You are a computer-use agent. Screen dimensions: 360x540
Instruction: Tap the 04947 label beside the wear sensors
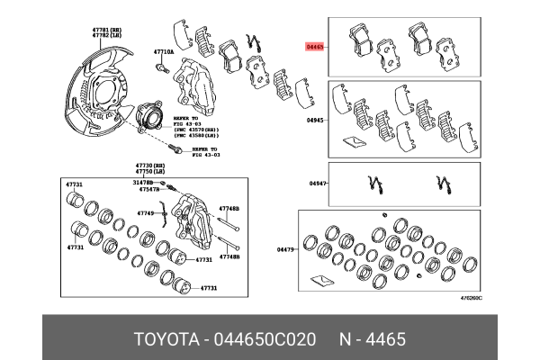coord(317,184)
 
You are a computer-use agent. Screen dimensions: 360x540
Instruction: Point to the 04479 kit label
coord(286,249)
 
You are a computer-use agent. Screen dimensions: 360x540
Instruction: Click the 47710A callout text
coord(163,51)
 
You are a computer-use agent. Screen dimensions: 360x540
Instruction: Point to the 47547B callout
coord(148,191)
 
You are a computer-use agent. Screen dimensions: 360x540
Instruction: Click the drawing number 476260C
coord(467,298)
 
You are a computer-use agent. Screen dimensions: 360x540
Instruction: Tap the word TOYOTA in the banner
coord(166,339)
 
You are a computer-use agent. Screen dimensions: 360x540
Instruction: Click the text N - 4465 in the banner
coord(372,339)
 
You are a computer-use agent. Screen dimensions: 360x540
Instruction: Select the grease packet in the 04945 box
coord(354,141)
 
